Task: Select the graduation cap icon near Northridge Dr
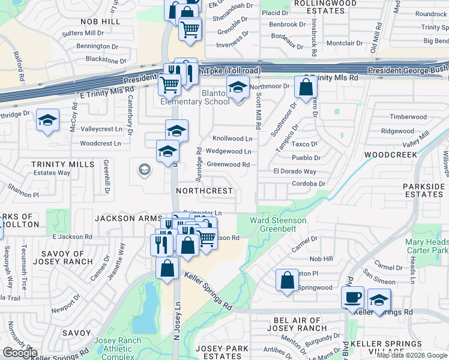click(47, 121)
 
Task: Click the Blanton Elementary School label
click(199, 97)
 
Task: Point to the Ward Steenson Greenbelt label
click(278, 224)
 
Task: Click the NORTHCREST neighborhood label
click(204, 190)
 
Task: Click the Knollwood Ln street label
click(232, 139)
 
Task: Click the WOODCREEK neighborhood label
click(390, 155)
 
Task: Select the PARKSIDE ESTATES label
click(424, 190)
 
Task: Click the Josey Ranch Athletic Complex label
click(118, 349)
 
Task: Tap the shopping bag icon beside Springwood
click(288, 280)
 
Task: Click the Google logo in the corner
click(20, 353)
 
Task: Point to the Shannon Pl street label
click(23, 194)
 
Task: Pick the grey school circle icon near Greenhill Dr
click(144, 170)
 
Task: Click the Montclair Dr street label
click(349, 43)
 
